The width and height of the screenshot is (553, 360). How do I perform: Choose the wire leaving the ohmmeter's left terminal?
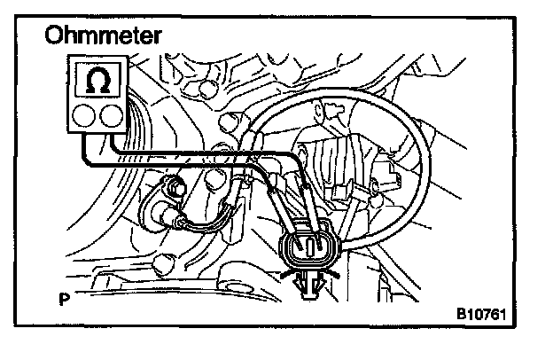(x=82, y=146)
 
